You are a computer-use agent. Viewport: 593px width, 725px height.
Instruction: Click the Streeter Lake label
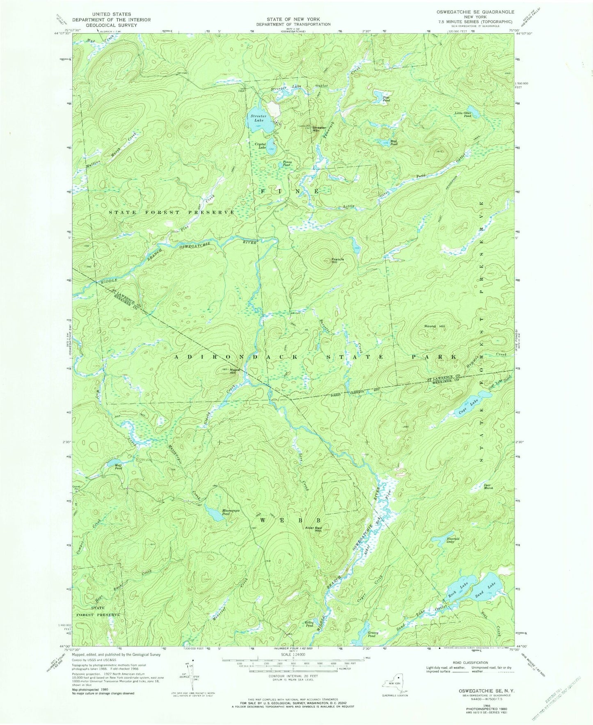click(258, 118)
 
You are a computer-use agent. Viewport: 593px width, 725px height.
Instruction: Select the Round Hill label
click(434, 326)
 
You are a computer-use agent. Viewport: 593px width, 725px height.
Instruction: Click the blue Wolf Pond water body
click(112, 463)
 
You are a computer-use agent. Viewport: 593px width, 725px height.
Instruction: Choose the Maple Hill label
click(232, 371)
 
